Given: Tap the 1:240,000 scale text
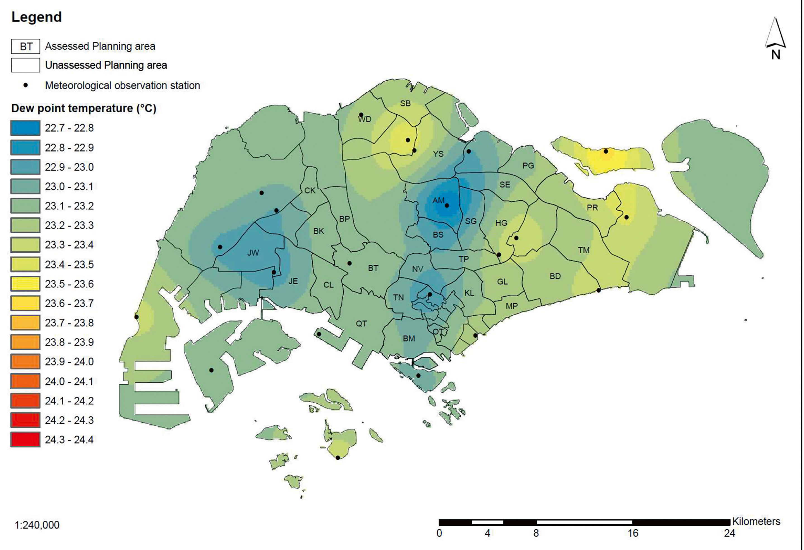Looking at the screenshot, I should coord(37,525).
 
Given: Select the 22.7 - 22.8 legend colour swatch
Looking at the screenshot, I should coord(25,128).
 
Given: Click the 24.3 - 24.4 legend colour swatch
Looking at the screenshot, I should coord(25,440).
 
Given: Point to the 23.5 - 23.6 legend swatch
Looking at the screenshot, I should coord(25,284).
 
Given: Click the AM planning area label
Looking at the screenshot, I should coord(438,200).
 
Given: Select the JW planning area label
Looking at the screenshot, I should coord(253,253).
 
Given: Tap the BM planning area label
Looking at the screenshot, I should coord(409,339).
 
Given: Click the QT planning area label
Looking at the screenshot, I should coord(361,324).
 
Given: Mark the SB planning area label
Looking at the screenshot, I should coord(405,103).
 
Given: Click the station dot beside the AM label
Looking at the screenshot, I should coord(447,206).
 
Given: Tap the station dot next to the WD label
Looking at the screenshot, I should coord(361,115).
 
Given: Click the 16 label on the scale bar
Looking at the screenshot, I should coord(633,533).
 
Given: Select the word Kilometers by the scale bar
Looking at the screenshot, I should coord(756,521).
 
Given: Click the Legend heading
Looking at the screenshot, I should coord(37,17).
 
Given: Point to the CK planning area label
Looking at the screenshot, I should coord(310,191).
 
